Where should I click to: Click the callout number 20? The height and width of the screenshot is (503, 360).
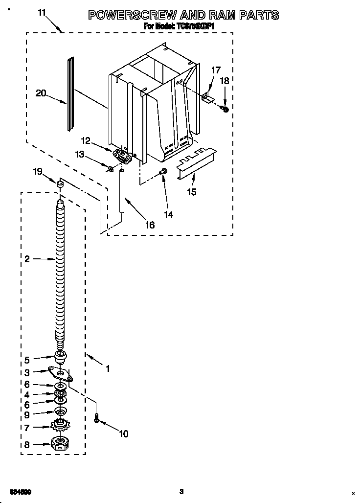click(x=41, y=92)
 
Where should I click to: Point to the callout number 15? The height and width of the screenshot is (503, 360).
click(x=192, y=192)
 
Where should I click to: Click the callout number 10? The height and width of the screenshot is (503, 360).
click(x=123, y=434)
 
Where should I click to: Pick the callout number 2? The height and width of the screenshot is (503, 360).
click(x=27, y=259)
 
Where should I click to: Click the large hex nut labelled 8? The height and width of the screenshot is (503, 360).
click(x=60, y=444)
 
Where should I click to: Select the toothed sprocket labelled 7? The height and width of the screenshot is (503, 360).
click(x=60, y=427)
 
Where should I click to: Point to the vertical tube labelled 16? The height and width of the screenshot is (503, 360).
click(x=122, y=190)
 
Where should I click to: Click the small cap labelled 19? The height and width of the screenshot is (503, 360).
click(x=60, y=184)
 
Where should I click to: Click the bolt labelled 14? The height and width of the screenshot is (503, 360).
click(x=163, y=171)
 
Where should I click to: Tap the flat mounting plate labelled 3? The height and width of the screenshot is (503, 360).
click(x=61, y=374)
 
